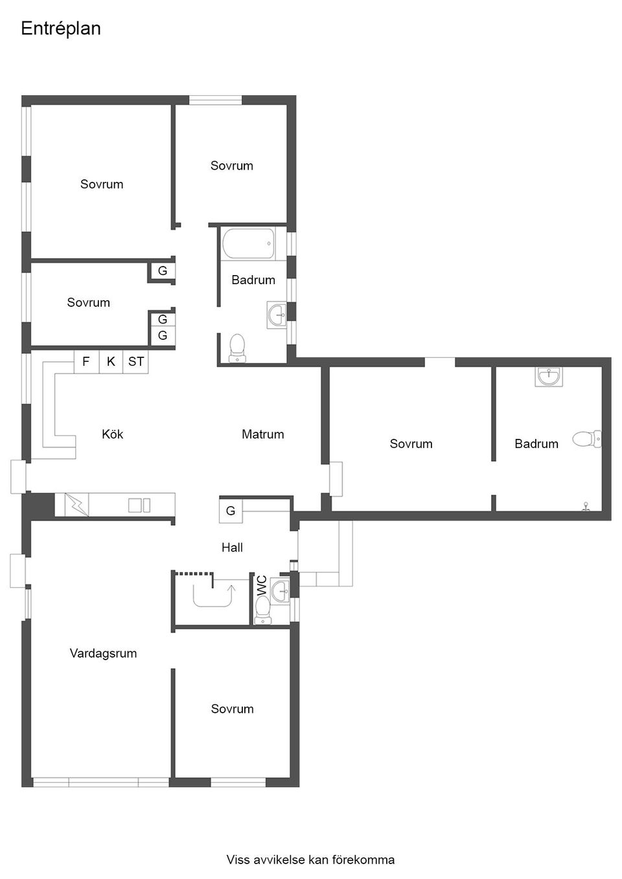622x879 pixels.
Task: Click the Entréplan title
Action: point(61,28)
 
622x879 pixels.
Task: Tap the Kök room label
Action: point(112,434)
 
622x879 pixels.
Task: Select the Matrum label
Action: point(262,434)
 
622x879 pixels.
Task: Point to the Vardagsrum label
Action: point(103,653)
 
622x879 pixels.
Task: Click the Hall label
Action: point(232,548)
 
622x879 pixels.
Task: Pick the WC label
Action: point(262,585)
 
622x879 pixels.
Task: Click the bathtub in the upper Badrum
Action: point(248,243)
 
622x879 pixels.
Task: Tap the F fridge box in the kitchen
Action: point(86,361)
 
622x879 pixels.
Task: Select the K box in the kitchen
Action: point(111,361)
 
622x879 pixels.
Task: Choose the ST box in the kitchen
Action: point(136,361)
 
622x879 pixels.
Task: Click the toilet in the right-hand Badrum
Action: point(586,439)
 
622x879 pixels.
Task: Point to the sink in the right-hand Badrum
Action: point(549,377)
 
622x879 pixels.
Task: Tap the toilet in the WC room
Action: point(262,611)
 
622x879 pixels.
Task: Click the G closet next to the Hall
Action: point(231,511)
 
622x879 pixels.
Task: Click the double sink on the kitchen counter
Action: point(139,506)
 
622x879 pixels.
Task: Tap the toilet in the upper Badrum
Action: point(237,348)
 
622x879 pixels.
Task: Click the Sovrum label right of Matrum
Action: point(411,444)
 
